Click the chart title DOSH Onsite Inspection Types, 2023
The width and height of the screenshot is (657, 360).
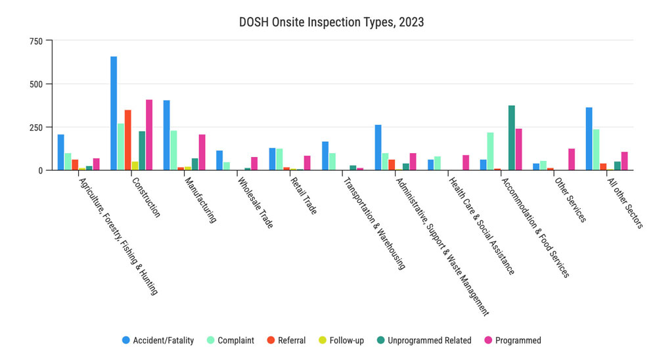point(331,22)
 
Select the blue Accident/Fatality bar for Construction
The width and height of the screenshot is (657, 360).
point(114,113)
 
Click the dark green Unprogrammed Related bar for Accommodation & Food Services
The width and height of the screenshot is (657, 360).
point(511,138)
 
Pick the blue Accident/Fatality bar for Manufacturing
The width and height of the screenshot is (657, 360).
point(167,135)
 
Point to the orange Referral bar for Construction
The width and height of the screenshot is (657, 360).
point(128,140)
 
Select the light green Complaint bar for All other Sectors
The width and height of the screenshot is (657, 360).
point(596,150)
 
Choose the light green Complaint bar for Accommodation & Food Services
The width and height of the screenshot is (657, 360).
point(490,151)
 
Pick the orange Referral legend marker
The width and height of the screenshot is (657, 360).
point(270,340)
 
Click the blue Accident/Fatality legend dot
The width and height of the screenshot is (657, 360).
point(126,340)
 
